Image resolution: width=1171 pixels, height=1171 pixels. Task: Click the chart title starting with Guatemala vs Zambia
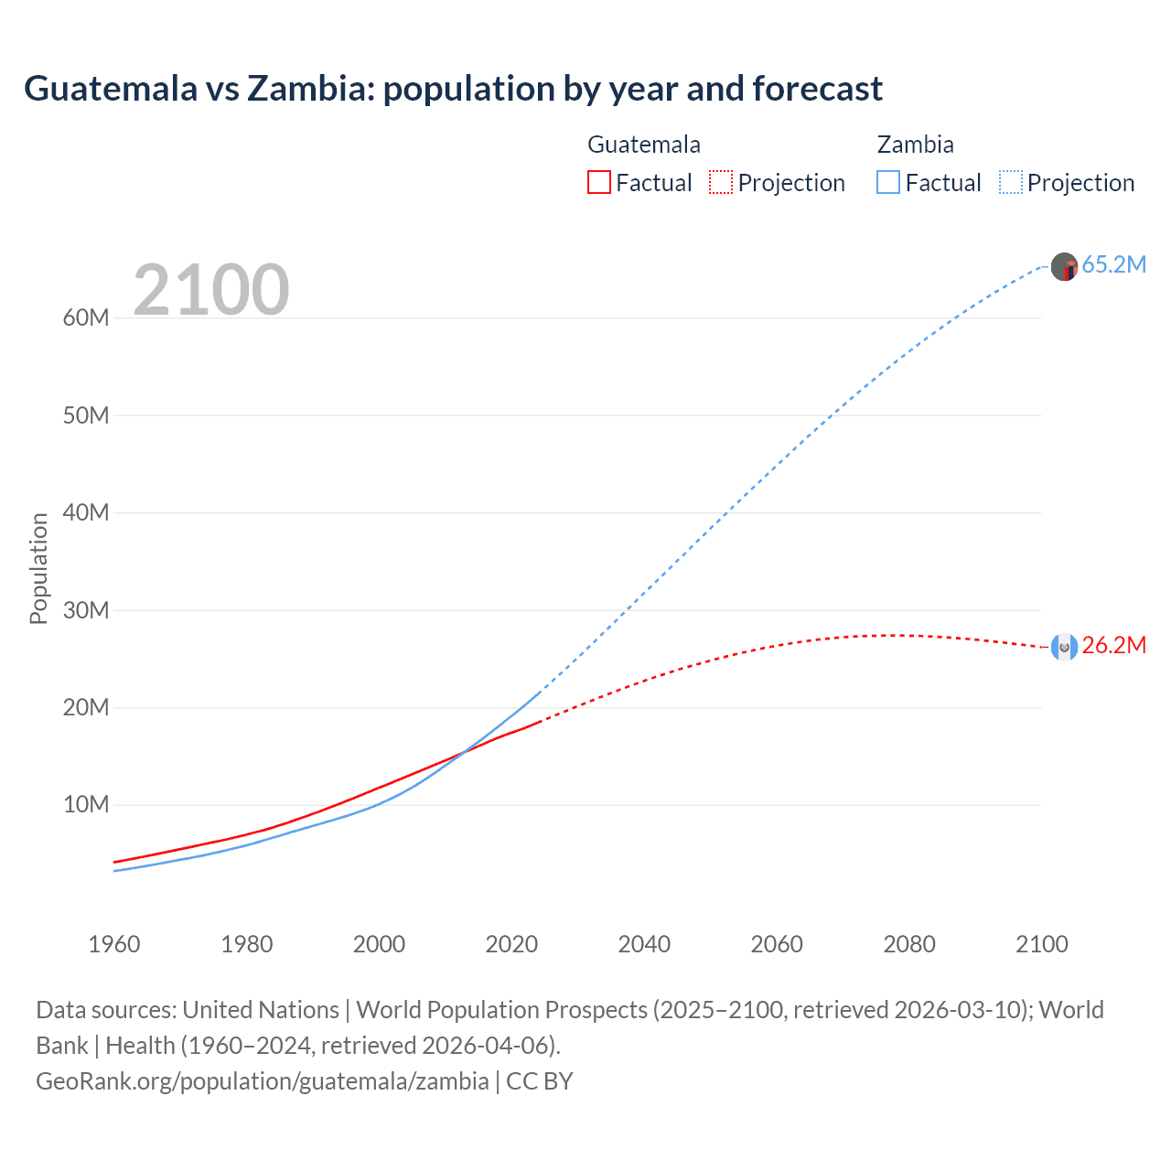point(453,89)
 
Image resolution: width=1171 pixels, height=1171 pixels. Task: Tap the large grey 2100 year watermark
point(211,290)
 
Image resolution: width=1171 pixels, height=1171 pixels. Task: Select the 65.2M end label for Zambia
point(1113,265)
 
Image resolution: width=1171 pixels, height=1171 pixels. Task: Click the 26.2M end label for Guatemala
point(1113,646)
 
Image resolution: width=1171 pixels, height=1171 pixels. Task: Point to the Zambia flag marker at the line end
point(1064,267)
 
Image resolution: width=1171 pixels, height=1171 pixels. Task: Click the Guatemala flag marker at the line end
point(1064,647)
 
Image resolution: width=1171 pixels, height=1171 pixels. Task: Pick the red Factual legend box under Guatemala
point(599,183)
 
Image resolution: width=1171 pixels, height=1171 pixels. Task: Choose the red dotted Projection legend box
point(721,183)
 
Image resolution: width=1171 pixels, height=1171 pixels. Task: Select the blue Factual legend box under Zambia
point(888,183)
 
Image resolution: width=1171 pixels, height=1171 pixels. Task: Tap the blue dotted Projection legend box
point(1011,183)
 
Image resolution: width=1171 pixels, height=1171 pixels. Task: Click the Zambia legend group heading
point(915,145)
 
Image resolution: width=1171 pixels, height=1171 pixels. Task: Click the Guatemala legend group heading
point(644,145)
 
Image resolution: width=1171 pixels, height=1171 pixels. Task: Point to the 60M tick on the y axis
point(86,318)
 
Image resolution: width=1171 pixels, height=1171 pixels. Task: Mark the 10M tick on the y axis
point(86,805)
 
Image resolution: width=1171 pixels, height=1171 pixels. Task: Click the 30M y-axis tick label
point(86,610)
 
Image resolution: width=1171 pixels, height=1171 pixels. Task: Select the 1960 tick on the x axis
point(114,944)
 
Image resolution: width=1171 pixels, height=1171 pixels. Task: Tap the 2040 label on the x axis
point(644,944)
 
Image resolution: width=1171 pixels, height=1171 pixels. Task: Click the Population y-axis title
point(38,568)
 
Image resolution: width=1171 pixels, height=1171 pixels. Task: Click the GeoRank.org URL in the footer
point(263,1081)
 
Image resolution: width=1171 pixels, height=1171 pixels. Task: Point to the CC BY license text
point(540,1081)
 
